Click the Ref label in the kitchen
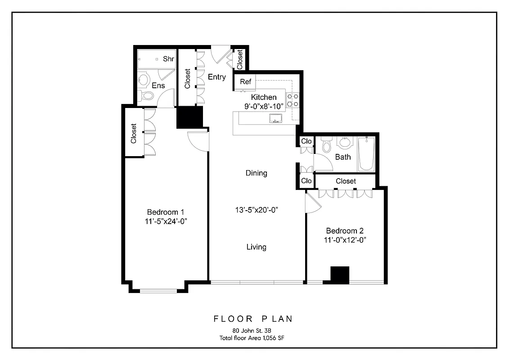tap(245, 82)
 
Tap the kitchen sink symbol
tap(275, 119)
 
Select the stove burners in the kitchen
tap(293, 100)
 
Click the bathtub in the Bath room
tap(366, 154)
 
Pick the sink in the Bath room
tap(345, 143)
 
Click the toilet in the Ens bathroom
tap(146, 95)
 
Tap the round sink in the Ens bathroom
tap(144, 80)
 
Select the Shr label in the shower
tap(168, 59)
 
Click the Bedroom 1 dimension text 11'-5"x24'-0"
tap(166, 220)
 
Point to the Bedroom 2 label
tap(344, 231)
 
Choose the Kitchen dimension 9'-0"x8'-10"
tap(264, 106)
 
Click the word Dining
tap(256, 173)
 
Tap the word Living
tap(256, 247)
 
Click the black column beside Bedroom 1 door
tap(189, 117)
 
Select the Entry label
tap(217, 77)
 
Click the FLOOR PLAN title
tap(252, 319)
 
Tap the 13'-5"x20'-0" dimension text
tap(257, 210)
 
